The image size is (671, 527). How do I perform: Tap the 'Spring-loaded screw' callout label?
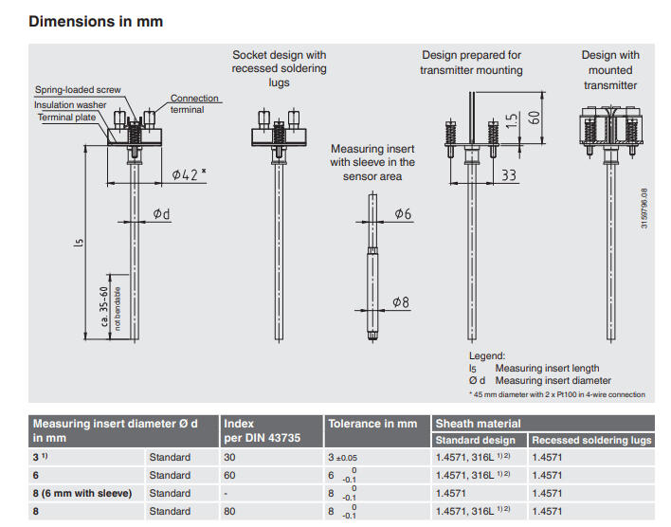(78, 90)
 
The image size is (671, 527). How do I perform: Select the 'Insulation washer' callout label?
(71, 104)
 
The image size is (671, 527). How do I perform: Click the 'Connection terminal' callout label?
(194, 103)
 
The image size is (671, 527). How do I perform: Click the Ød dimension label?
(161, 215)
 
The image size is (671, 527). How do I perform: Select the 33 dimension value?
(509, 174)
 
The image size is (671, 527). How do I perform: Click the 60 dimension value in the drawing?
(535, 116)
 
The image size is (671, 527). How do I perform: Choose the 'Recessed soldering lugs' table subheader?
(592, 441)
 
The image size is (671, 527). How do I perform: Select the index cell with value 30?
(232, 458)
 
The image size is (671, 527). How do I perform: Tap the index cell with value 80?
(232, 512)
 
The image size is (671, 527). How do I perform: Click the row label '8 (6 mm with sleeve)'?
(82, 494)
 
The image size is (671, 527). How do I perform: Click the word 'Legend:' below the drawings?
(487, 355)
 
